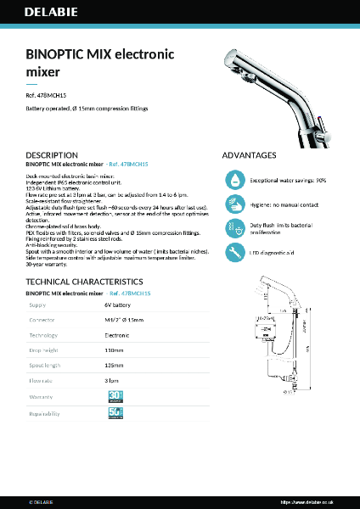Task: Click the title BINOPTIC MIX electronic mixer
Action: (x=100, y=62)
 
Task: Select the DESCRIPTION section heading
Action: (x=53, y=156)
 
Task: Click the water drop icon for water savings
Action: (x=235, y=181)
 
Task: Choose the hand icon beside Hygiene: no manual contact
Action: (x=235, y=204)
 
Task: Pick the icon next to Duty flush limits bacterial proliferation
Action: (x=235, y=228)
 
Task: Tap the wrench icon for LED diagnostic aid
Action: (x=235, y=252)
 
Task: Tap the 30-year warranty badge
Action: (x=116, y=396)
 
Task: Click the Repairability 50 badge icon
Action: (x=116, y=413)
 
